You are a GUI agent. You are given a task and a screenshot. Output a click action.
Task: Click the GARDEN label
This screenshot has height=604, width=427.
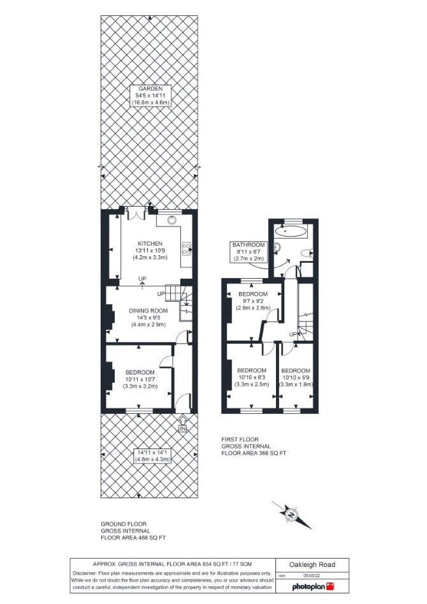coord(150,89)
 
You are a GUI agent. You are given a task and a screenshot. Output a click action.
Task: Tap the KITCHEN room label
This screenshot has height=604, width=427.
coord(150,244)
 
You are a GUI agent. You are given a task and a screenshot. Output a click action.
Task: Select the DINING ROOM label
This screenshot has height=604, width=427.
coord(148,311)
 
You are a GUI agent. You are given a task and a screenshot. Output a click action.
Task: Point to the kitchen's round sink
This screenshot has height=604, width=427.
coord(172,220)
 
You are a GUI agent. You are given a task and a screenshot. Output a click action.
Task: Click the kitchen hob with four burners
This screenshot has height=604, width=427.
coord(187,249)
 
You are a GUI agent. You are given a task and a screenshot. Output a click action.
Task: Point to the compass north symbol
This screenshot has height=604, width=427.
coord(291,514)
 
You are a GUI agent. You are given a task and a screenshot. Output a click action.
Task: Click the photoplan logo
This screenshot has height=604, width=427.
coord(313,587)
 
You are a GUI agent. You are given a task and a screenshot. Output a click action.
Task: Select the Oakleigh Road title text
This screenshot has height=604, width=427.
coord(312,564)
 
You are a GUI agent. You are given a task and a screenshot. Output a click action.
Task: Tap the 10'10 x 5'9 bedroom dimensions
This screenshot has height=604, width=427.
coord(296,378)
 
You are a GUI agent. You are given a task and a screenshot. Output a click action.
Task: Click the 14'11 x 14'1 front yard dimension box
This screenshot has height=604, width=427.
coord(152,455)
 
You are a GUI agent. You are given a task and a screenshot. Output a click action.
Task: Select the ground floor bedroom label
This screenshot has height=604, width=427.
coord(140,372)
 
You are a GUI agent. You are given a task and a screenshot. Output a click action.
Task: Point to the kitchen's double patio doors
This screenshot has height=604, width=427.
coord(136,213)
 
